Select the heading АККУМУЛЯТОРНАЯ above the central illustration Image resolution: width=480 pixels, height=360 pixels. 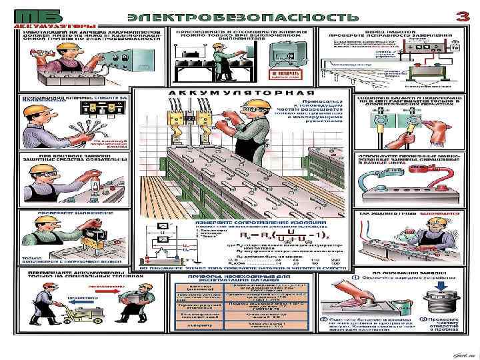[x=241, y=92]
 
